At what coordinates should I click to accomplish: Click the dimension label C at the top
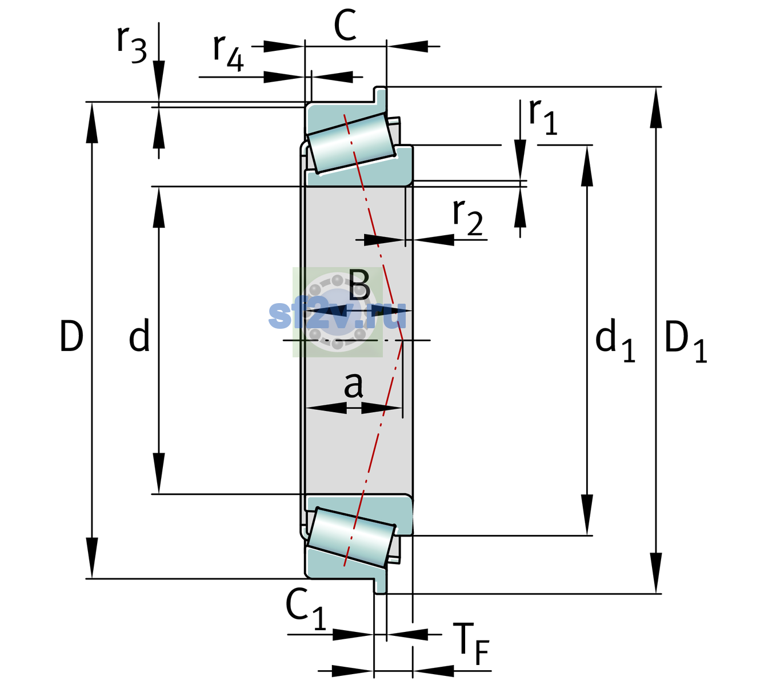click(345, 26)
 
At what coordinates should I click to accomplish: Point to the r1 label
click(542, 116)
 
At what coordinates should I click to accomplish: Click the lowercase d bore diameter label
click(139, 335)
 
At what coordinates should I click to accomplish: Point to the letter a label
click(353, 385)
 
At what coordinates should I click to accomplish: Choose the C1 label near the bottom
click(305, 610)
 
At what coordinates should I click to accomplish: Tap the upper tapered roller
click(351, 143)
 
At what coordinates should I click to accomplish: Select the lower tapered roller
click(351, 538)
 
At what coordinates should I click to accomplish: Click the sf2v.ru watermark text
click(337, 315)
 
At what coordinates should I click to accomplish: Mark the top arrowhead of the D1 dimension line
click(656, 107)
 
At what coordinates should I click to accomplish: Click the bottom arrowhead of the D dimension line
click(91, 558)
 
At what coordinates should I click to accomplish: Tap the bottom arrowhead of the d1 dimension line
click(587, 515)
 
